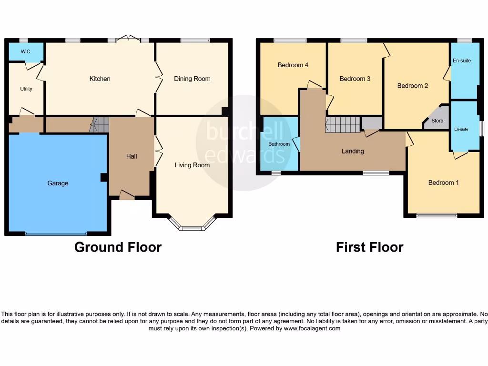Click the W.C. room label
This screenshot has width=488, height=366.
[26, 51]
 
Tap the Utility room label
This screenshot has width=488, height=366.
[26, 89]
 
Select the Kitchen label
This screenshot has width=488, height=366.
[100, 79]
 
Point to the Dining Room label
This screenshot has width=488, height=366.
[192, 79]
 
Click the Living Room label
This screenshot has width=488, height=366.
[192, 165]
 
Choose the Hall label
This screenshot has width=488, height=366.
[132, 156]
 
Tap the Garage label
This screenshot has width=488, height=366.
[58, 183]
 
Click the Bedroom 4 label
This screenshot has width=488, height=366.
[293, 65]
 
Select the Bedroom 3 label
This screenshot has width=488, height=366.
[355, 79]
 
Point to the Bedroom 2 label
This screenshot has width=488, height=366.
[413, 86]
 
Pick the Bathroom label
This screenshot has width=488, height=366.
[279, 144]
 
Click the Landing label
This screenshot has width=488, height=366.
[353, 151]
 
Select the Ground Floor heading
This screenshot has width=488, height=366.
[118, 247]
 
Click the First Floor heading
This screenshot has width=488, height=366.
[369, 247]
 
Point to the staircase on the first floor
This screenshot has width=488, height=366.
[343, 125]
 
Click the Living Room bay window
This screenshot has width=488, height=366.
[192, 227]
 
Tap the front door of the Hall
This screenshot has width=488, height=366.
[127, 195]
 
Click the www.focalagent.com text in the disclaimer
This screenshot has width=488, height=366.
[312, 328]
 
